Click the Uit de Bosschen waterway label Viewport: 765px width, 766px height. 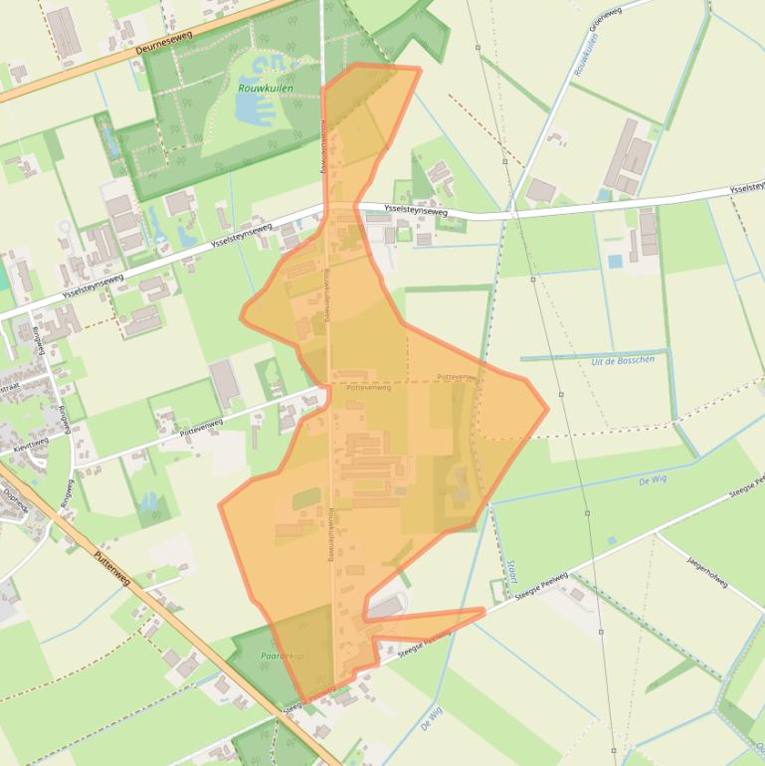pyautogui.click(x=623, y=360)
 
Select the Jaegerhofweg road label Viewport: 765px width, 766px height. pyautogui.click(x=707, y=571)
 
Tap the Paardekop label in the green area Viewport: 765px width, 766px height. pyautogui.click(x=282, y=657)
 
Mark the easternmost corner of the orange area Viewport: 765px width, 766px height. pyautogui.click(x=547, y=407)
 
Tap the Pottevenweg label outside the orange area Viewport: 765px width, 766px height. pyautogui.click(x=201, y=429)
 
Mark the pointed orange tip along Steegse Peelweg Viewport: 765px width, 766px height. pyautogui.click(x=484, y=610)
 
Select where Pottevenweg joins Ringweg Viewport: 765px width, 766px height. pyautogui.click(x=74, y=469)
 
